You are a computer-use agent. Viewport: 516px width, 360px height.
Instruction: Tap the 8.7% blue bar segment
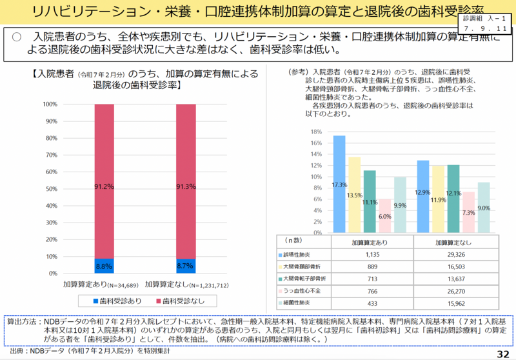tap(186, 266)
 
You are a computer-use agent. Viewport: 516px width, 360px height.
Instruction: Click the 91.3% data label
tap(186, 187)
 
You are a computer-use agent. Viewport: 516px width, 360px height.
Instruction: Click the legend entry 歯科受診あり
tap(117, 301)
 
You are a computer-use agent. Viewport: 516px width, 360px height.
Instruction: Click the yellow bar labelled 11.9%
tap(438, 199)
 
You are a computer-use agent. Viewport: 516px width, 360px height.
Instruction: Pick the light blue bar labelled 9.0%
tap(484, 207)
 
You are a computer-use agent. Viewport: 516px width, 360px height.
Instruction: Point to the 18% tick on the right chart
tap(317, 132)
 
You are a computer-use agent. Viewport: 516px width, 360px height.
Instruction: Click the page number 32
tap(503, 354)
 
